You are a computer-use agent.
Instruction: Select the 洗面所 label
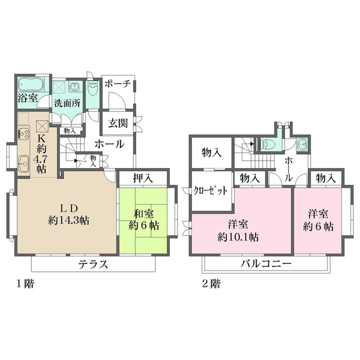(x=67, y=103)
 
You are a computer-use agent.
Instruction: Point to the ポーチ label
(x=117, y=85)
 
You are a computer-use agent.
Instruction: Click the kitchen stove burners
(x=25, y=133)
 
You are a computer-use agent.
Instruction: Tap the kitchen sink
(x=25, y=161)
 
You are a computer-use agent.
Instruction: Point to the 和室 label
(x=143, y=213)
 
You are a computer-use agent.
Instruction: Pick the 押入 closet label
(x=143, y=178)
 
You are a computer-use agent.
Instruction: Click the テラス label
(x=92, y=264)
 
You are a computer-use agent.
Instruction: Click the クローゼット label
(x=211, y=191)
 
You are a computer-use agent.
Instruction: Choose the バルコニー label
(x=266, y=264)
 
